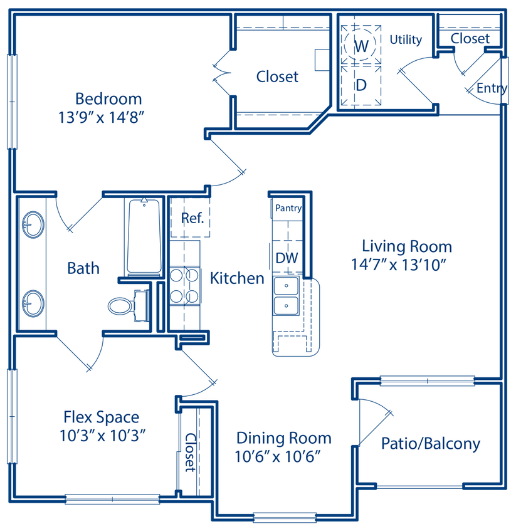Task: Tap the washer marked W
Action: pos(361,46)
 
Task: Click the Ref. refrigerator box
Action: pos(192,218)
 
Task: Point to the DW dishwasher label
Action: pos(287,258)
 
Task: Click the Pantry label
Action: pos(288,208)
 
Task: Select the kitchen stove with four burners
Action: pos(184,285)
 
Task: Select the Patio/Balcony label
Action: pos(431,444)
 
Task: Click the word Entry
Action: pos(491,88)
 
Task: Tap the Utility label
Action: pos(406,39)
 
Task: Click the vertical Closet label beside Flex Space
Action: pos(189,452)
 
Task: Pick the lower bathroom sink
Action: pos(33,304)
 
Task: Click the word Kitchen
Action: pos(237,278)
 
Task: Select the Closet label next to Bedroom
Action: pos(277,76)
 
